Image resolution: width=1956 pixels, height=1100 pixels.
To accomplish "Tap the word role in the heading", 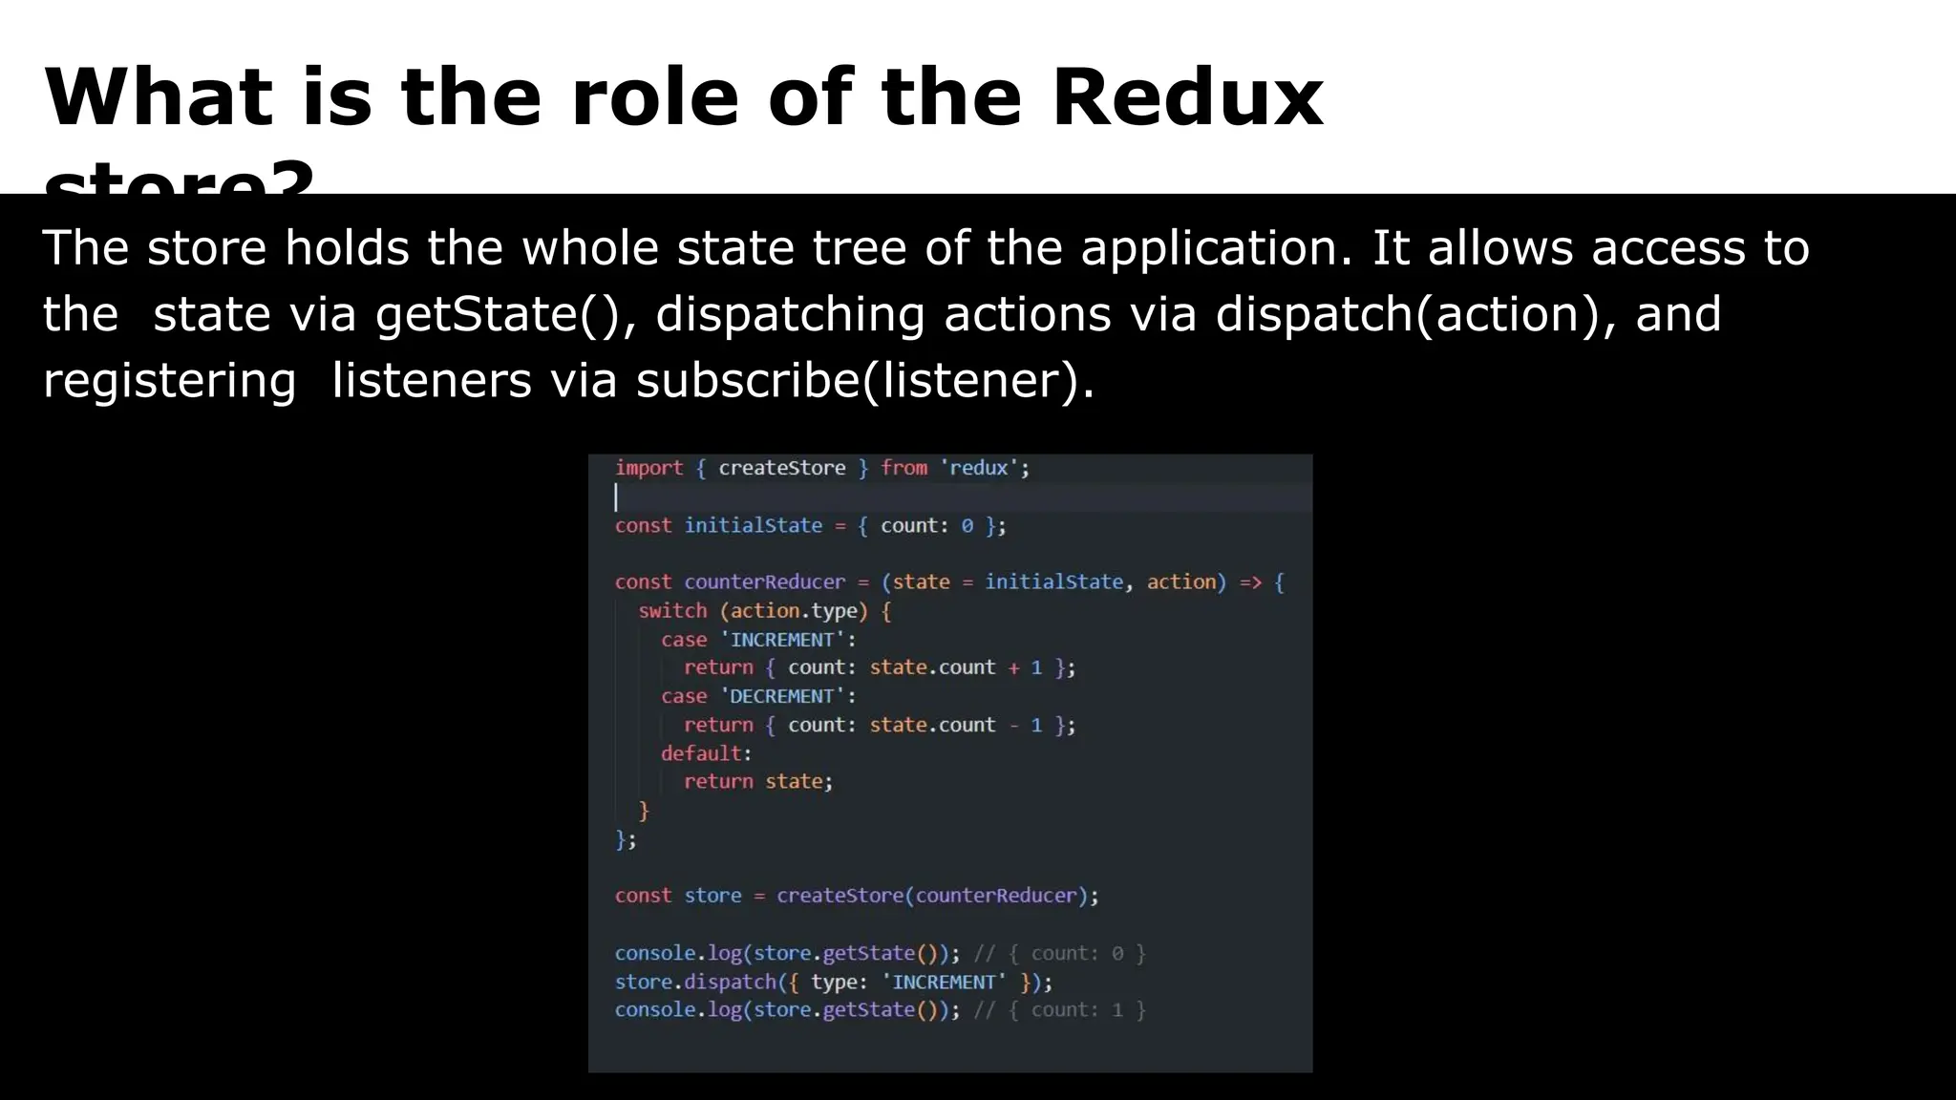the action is tap(654, 98).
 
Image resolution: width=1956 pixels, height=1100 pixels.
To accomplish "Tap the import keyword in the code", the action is tap(648, 468).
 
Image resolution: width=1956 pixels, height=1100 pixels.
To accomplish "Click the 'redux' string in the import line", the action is tap(981, 468).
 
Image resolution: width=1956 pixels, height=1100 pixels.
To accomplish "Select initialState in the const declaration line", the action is tap(753, 525).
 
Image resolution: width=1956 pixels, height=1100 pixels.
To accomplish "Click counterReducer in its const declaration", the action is tap(764, 582).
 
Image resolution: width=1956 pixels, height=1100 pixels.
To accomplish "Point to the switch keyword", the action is tap(672, 611).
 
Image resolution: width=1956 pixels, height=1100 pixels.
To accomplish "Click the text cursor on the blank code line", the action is tap(616, 497).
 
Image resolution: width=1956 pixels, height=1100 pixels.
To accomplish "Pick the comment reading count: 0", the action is tap(1059, 953).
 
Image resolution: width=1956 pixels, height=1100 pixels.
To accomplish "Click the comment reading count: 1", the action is tap(1059, 1010).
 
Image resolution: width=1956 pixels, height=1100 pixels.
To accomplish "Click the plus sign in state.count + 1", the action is tap(1013, 668).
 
